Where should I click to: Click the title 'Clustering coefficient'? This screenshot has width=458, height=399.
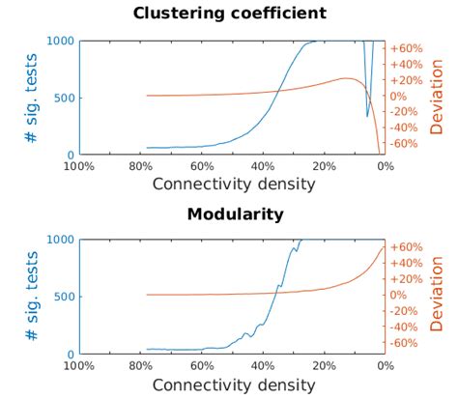pos(229,14)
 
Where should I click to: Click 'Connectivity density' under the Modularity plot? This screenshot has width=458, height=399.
pos(233,384)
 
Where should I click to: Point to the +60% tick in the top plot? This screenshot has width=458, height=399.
pos(406,48)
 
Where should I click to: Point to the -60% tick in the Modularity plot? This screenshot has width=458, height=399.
pos(405,342)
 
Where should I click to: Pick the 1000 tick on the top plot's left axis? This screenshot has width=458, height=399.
pos(60,41)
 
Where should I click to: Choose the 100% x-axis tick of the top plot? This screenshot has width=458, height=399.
pos(79,166)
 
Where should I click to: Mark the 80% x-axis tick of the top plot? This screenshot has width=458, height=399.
pos(141,166)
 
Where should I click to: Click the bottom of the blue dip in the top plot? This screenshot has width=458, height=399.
pos(367,117)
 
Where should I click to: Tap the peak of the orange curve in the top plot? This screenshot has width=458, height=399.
pos(345,78)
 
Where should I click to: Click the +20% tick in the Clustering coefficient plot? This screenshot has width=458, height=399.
pos(406,80)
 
